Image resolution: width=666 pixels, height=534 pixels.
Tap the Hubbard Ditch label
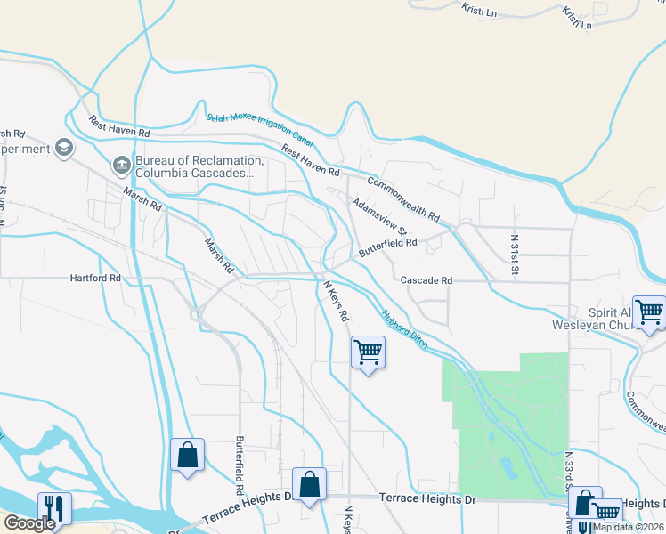pos(405,328)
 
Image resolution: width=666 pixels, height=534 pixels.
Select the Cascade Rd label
pos(426,280)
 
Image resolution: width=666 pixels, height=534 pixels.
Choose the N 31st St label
pos(515,255)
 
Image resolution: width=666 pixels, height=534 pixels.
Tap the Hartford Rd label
pos(95,278)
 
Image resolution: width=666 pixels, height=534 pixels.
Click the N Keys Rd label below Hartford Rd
pos(335,302)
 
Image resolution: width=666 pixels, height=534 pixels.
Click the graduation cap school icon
pos(63,147)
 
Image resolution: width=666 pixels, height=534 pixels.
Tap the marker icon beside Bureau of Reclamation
pos(121,164)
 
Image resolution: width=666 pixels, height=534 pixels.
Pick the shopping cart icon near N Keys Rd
pos(368,352)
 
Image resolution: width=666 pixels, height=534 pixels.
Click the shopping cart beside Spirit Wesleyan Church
pos(649,311)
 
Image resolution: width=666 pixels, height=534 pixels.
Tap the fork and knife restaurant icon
pos(54,508)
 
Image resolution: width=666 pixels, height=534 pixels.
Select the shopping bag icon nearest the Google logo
pos(187,456)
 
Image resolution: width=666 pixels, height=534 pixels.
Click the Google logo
pos(28,522)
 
